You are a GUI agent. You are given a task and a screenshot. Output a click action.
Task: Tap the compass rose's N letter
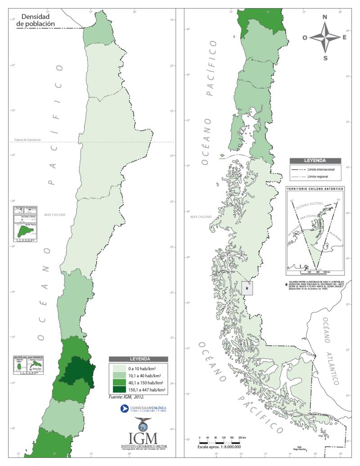pyautogui.click(x=325, y=17)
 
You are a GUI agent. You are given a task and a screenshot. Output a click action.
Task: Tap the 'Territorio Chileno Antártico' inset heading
pyautogui.click(x=315, y=189)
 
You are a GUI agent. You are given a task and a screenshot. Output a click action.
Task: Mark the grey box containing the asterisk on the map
pyautogui.click(x=247, y=288)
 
